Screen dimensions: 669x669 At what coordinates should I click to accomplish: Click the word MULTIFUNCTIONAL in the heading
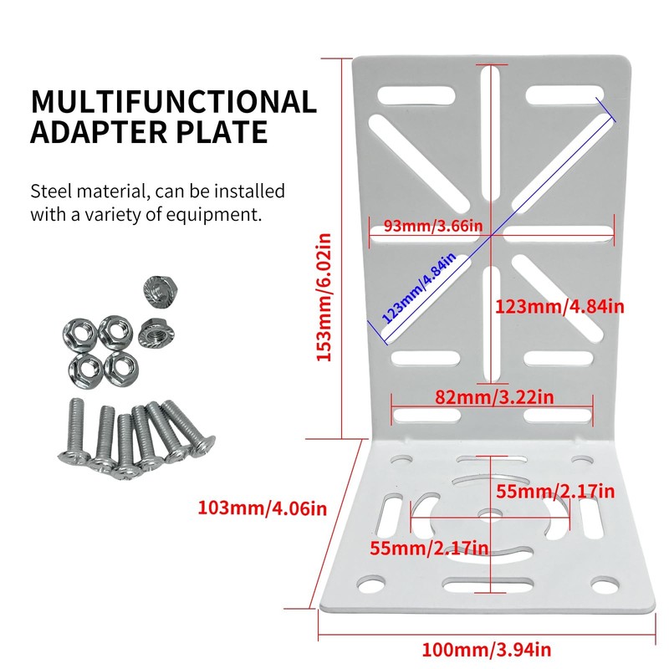pyautogui.click(x=174, y=102)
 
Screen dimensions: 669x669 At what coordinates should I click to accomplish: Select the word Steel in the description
pyautogui.click(x=51, y=191)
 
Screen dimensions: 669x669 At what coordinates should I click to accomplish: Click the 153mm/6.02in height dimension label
pyautogui.click(x=324, y=298)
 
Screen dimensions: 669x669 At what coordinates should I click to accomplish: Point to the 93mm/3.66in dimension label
pyautogui.click(x=433, y=225)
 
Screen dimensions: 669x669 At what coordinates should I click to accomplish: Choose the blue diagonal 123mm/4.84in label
pyautogui.click(x=419, y=288)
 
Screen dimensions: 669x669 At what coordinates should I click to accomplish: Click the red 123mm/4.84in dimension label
pyautogui.click(x=559, y=306)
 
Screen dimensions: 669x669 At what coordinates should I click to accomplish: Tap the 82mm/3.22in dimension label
pyautogui.click(x=494, y=397)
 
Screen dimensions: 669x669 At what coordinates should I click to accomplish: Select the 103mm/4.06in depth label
pyautogui.click(x=263, y=508)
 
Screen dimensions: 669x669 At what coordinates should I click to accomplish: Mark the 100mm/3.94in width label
pyautogui.click(x=487, y=650)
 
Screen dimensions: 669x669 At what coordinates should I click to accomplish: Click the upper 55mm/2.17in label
pyautogui.click(x=555, y=492)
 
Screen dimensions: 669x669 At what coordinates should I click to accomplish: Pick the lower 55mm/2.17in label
pyautogui.click(x=429, y=548)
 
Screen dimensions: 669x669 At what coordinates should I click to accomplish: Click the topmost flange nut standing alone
pyautogui.click(x=160, y=290)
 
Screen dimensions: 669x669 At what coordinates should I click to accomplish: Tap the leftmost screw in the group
pyautogui.click(x=74, y=430)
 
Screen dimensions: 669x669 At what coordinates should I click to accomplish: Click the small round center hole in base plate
pyautogui.click(x=490, y=515)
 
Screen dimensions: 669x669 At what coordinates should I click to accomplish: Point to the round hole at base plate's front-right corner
pyautogui.click(x=605, y=585)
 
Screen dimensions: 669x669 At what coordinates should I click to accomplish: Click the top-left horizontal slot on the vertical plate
pyautogui.click(x=416, y=95)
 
